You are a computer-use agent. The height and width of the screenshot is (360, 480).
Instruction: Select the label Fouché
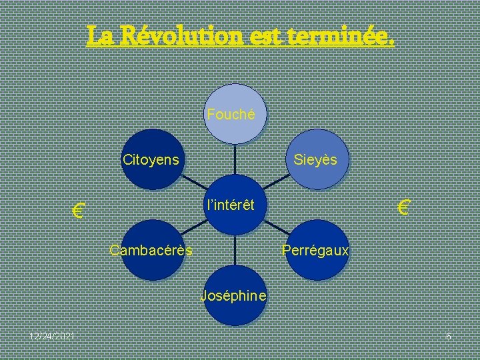pyautogui.click(x=231, y=114)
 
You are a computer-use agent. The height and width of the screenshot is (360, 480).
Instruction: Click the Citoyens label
pyautogui.click(x=151, y=159)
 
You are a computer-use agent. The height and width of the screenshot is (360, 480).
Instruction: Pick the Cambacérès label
pyautogui.click(x=151, y=251)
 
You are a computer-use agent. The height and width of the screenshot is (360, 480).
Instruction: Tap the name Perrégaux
pyautogui.click(x=315, y=251)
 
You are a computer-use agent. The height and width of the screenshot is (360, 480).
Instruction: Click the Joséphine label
pyautogui.click(x=233, y=295)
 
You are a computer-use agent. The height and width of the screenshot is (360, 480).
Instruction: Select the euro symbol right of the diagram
pyautogui.click(x=403, y=207)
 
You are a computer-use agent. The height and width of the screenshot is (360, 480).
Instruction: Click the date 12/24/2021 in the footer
pyautogui.click(x=51, y=336)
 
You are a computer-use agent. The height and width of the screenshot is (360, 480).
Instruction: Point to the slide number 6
pyautogui.click(x=449, y=336)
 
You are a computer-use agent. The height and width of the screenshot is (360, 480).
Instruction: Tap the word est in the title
pyautogui.click(x=265, y=35)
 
